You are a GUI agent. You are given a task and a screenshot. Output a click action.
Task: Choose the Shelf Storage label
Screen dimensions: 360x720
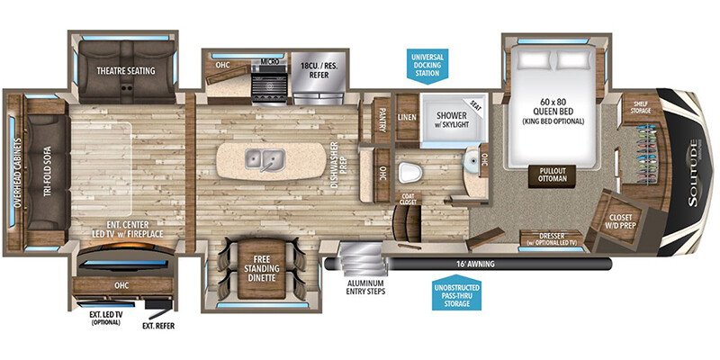tap(641, 107)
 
